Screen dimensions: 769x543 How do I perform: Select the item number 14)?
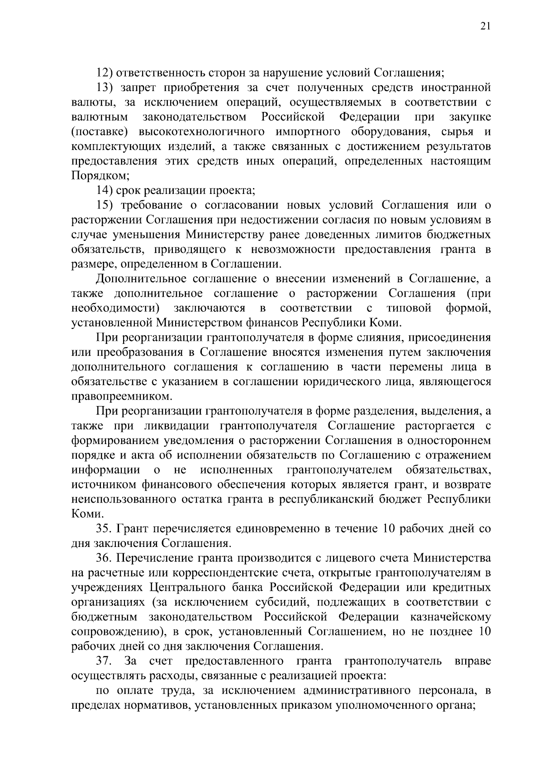pyautogui.click(x=105, y=190)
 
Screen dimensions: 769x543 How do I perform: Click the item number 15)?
pyautogui.click(x=105, y=205)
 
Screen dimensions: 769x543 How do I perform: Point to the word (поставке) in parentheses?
pyautogui.click(x=101, y=132)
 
